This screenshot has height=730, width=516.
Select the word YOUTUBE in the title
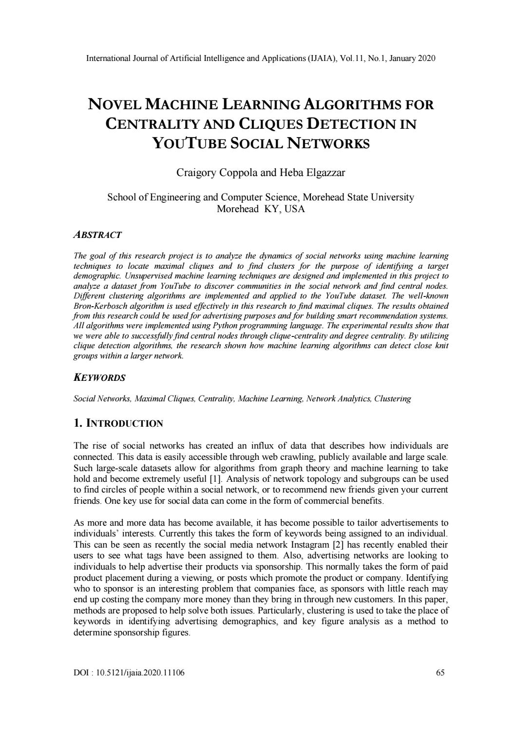(x=195, y=143)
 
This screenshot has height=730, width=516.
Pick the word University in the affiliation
(x=391, y=197)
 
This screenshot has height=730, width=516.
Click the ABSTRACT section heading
(x=97, y=235)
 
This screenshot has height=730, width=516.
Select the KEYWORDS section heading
(x=99, y=377)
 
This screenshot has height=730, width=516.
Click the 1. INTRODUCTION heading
(x=118, y=423)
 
